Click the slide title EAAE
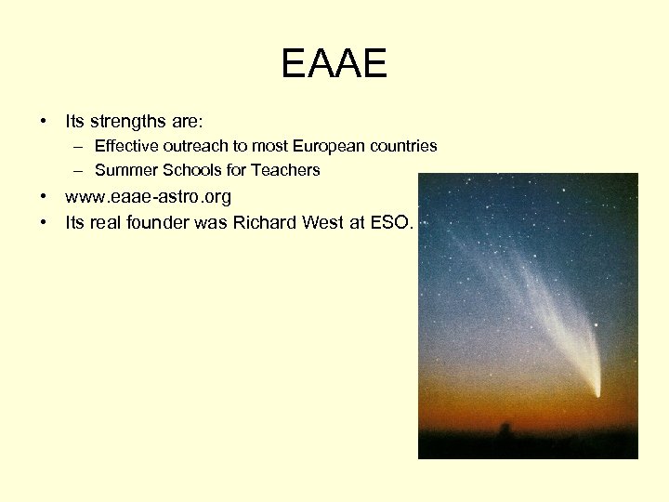pyautogui.click(x=334, y=65)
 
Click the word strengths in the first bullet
pyautogui.click(x=125, y=121)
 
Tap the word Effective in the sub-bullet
pyautogui.click(x=125, y=146)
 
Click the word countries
pyautogui.click(x=403, y=146)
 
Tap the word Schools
pyautogui.click(x=181, y=170)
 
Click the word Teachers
pyautogui.click(x=285, y=170)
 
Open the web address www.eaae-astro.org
pyautogui.click(x=148, y=197)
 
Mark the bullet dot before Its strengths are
pyautogui.click(x=43, y=122)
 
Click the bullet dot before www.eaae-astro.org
pyautogui.click(x=43, y=197)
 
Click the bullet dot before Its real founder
pyautogui.click(x=43, y=222)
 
